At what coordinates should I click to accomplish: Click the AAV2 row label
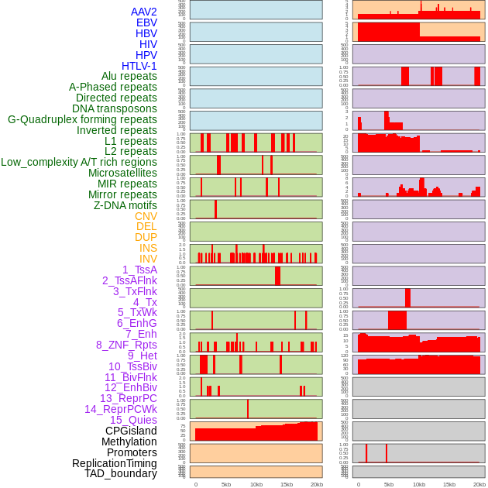point(144,12)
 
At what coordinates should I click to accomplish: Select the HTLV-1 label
point(139,66)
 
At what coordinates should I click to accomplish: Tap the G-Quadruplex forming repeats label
point(82,119)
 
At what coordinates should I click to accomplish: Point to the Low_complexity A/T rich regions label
point(79,162)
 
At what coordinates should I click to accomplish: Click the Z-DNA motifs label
point(125,205)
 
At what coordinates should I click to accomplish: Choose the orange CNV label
point(146,216)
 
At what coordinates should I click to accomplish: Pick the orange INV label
point(148,259)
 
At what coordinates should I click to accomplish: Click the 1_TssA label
point(139,270)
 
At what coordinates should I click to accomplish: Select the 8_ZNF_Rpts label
point(126,345)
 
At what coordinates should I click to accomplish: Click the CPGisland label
point(131,431)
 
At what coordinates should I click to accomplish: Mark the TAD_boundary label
point(121,473)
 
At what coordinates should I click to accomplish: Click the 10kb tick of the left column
point(256,484)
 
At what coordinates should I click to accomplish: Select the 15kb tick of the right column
point(449,484)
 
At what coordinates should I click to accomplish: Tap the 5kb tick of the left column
point(226,484)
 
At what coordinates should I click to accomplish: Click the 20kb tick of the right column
point(479,484)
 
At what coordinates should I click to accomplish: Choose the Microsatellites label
point(122,173)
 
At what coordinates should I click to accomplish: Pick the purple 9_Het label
point(143,356)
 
